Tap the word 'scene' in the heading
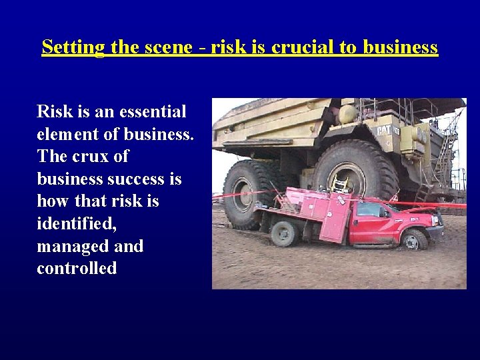(163, 48)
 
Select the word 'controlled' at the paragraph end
(77, 269)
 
